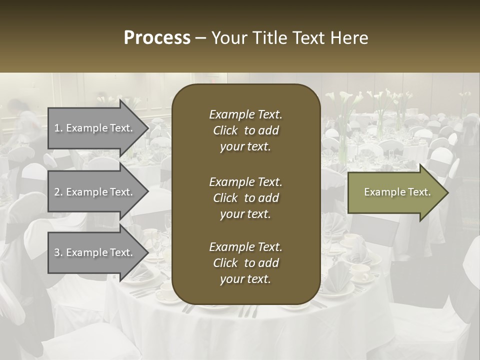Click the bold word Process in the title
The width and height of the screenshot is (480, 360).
point(157,38)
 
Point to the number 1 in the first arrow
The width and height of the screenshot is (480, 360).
point(56,128)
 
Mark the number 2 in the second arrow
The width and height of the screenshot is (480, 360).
point(56,192)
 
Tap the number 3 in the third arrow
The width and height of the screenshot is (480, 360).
point(56,252)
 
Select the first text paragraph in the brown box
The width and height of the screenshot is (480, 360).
point(245,130)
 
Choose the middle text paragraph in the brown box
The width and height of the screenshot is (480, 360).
point(245,197)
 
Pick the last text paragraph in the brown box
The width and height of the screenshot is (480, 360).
point(245,263)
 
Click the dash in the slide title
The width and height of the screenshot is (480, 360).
point(200,38)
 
